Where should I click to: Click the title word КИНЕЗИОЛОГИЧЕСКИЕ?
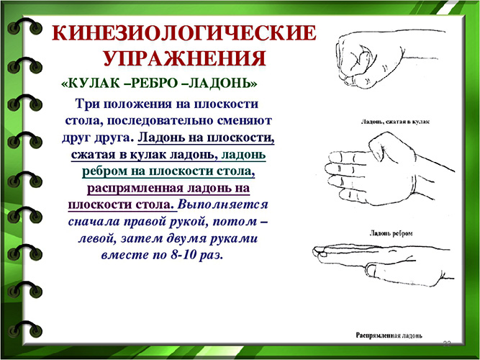pyautogui.click(x=185, y=34)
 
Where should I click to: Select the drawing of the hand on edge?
pyautogui.click(x=389, y=173)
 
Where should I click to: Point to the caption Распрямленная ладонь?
pyautogui.click(x=394, y=336)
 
